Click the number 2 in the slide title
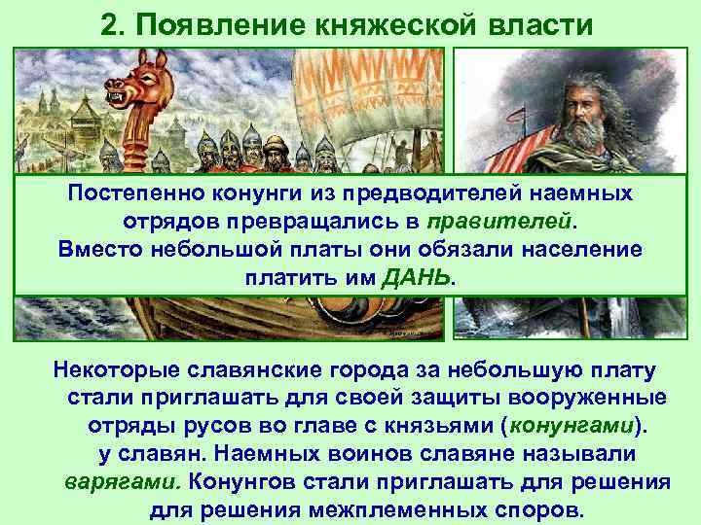click(x=108, y=23)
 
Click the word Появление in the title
click(x=203, y=23)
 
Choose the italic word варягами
click(x=122, y=483)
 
